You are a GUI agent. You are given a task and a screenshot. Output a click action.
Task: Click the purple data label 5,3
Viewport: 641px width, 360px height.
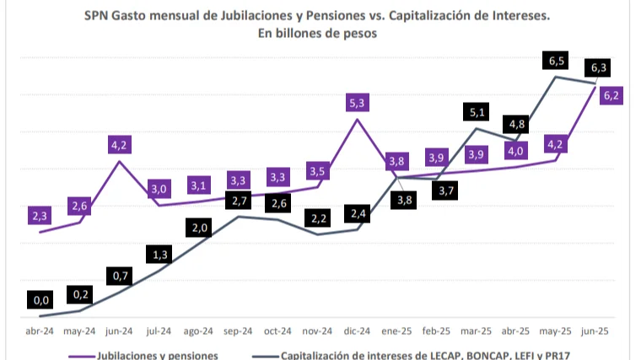pos(357,103)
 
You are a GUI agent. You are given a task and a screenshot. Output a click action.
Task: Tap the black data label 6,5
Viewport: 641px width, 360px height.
pos(556,61)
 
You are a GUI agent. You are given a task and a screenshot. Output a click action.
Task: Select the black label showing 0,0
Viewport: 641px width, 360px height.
pos(40,298)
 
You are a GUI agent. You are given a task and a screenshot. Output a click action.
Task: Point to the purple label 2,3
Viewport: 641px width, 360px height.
pos(40,217)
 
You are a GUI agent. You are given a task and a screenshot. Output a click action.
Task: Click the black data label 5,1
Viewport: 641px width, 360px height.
pos(477,111)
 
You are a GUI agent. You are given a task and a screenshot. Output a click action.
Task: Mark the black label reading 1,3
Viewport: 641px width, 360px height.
pos(159,254)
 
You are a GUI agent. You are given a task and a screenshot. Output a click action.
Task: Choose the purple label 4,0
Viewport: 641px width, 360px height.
pos(516,151)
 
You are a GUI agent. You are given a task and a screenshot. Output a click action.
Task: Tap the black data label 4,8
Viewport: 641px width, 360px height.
pos(516,125)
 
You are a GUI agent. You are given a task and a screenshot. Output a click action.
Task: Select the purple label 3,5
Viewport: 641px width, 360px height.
pos(317,172)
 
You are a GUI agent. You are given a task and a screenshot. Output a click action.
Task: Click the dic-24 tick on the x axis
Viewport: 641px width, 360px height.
pos(357,331)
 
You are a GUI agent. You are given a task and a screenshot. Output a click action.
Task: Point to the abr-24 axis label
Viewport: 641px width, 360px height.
pos(40,331)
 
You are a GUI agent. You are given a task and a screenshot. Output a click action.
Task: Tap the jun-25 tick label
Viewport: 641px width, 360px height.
pos(595,331)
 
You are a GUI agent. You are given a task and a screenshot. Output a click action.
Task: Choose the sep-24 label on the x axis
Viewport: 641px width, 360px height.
pos(238,331)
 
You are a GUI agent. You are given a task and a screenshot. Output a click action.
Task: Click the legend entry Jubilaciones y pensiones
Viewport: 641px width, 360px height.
pos(157,355)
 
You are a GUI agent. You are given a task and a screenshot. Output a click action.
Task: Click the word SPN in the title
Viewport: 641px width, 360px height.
pos(98,15)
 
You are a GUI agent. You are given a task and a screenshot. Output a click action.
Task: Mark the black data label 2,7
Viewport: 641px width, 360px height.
pos(238,201)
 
